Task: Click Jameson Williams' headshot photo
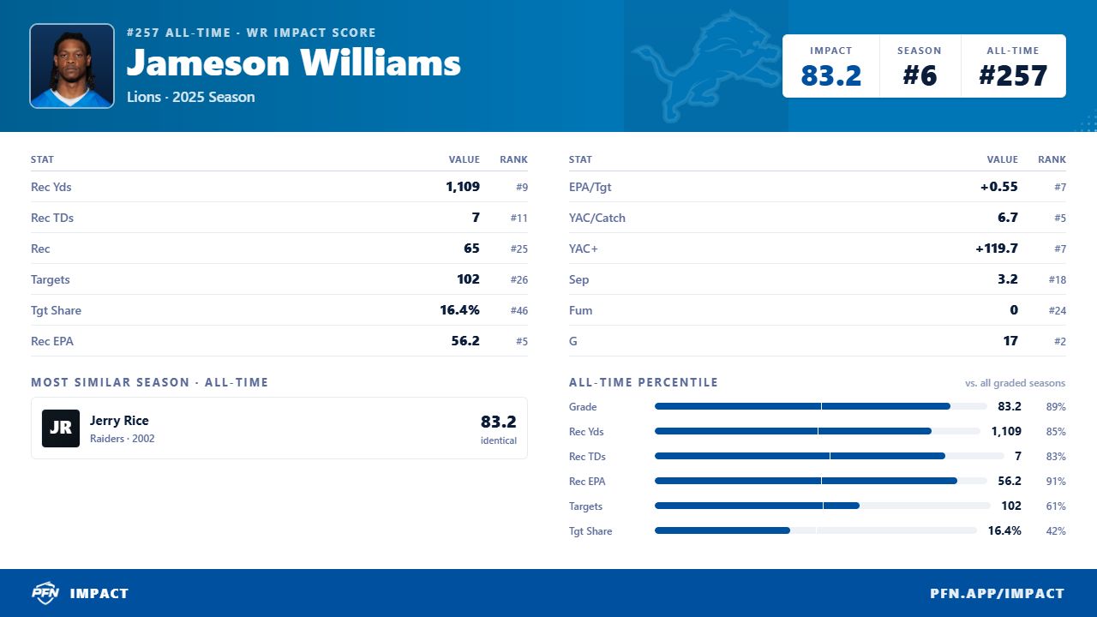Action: pyautogui.click(x=72, y=66)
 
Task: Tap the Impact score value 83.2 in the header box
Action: pyautogui.click(x=830, y=75)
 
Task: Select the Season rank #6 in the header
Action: pyautogui.click(x=920, y=75)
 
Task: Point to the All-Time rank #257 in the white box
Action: pyautogui.click(x=1013, y=75)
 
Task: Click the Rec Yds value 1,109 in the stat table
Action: pyautogui.click(x=463, y=187)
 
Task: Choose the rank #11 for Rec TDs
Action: pyautogui.click(x=519, y=218)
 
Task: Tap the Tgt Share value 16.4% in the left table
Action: pyautogui.click(x=459, y=310)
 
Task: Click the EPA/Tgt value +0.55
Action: pyautogui.click(x=998, y=187)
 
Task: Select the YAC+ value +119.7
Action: pyautogui.click(x=996, y=249)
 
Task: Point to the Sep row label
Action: pyautogui.click(x=578, y=279)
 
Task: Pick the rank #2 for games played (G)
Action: pyautogui.click(x=1060, y=341)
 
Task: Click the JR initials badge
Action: pyautogui.click(x=61, y=428)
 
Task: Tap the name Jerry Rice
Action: pyautogui.click(x=119, y=420)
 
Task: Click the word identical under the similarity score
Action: pyautogui.click(x=498, y=440)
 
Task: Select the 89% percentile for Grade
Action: pyautogui.click(x=1055, y=407)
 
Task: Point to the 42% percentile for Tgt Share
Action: pyautogui.click(x=1055, y=530)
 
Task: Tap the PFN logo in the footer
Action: pyautogui.click(x=45, y=593)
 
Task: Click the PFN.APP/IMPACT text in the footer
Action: pyautogui.click(x=997, y=594)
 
